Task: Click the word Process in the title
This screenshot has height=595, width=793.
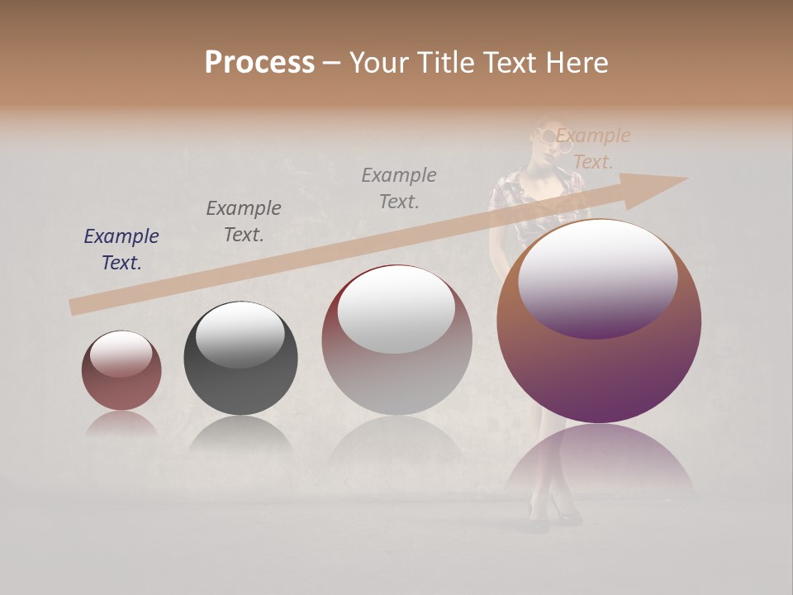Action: coord(259,63)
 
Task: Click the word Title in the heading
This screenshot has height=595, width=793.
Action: coord(445,63)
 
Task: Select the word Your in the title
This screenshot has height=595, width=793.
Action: coord(380,63)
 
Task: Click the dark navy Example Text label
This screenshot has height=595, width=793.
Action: coord(121,250)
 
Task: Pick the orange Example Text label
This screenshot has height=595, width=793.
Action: coord(592,149)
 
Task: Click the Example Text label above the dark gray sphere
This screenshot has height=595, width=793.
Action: coord(244,221)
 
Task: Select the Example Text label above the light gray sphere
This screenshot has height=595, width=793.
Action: coord(399,188)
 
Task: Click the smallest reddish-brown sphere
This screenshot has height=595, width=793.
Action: coord(121,371)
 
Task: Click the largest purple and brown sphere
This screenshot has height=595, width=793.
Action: coord(599,372)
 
